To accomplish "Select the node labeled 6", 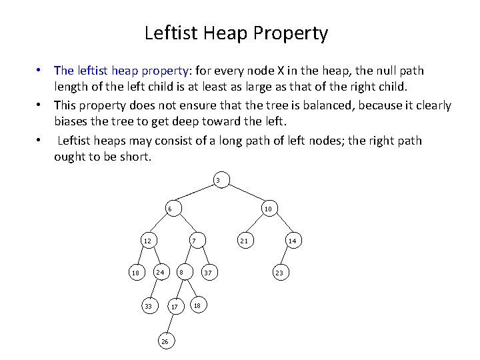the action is [x=169, y=209].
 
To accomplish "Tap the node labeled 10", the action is [x=267, y=209].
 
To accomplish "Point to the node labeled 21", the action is [x=245, y=240].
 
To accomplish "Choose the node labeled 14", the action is [x=292, y=240].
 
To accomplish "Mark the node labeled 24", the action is [x=160, y=272].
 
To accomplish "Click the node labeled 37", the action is [x=208, y=273].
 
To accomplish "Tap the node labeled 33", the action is [x=148, y=306].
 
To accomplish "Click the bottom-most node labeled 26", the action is [x=165, y=341].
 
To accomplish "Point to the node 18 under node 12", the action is [x=135, y=273].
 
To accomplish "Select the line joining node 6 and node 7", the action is [x=181, y=224].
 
